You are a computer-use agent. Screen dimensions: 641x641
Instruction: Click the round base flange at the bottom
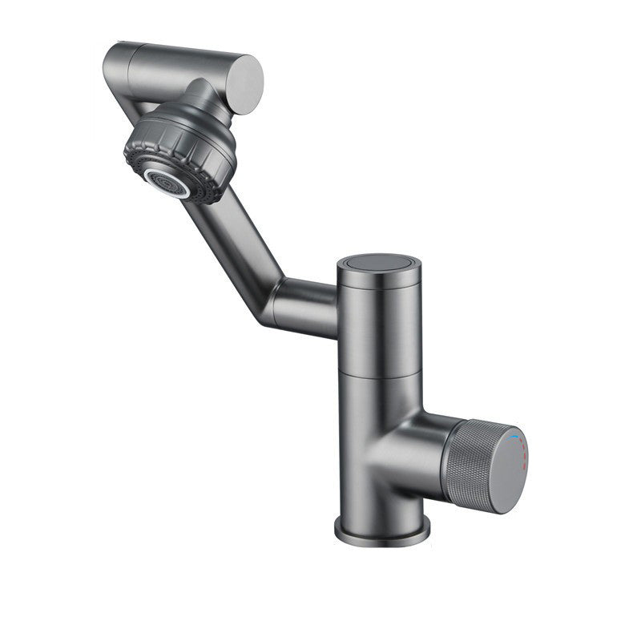coord(381,529)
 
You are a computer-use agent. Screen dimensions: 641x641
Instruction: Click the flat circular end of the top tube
coord(247,80)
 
